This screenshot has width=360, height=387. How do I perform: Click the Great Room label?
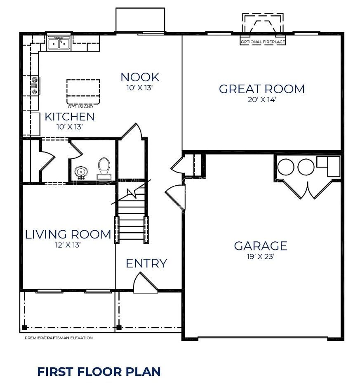pyautogui.click(x=261, y=89)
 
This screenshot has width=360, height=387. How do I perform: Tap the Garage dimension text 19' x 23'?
pyautogui.click(x=261, y=257)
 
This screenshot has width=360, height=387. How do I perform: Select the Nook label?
pyautogui.click(x=140, y=77)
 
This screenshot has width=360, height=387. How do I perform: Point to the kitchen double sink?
pyautogui.click(x=59, y=43)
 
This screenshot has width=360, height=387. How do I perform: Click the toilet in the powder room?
pyautogui.click(x=104, y=168)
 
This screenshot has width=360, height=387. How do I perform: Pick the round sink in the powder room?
pyautogui.click(x=81, y=172)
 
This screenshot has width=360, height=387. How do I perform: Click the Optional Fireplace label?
pyautogui.click(x=263, y=42)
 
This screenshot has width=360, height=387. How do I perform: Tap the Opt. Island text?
pyautogui.click(x=80, y=106)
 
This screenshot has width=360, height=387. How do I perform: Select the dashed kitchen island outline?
pyautogui.click(x=83, y=80)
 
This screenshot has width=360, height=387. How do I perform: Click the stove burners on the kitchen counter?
pyautogui.click(x=35, y=86)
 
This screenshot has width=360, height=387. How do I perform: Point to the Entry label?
pyautogui.click(x=146, y=263)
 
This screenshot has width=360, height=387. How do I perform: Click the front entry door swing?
pyautogui.click(x=145, y=283)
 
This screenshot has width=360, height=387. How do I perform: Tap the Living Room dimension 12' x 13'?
pyautogui.click(x=68, y=245)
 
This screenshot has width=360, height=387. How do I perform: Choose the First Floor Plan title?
pyautogui.click(x=99, y=372)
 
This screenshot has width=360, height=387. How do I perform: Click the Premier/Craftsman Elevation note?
pyautogui.click(x=59, y=337)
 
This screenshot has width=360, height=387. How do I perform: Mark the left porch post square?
pyautogui.click(x=24, y=328)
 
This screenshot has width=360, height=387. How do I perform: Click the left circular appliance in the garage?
pyautogui.click(x=286, y=167)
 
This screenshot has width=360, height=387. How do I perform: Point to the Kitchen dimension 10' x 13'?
pyautogui.click(x=69, y=127)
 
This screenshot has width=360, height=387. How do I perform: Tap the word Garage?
pyautogui.click(x=261, y=246)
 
